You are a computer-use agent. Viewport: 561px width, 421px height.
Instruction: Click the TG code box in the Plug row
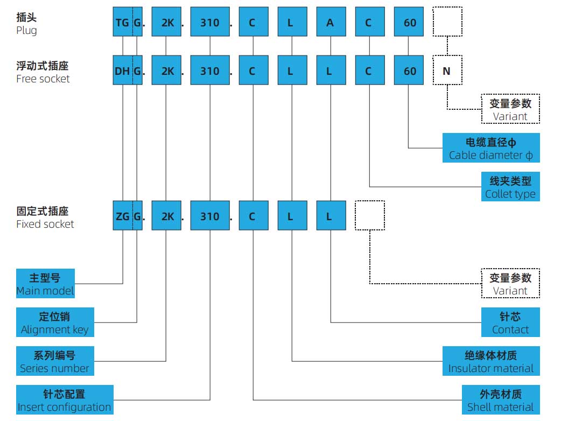122,22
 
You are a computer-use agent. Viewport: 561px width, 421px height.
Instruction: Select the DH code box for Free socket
122,71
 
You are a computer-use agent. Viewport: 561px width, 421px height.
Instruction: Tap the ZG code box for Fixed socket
122,216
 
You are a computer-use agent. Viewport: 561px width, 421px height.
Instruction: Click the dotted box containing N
447,71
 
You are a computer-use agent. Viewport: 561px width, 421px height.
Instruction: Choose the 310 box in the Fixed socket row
209,216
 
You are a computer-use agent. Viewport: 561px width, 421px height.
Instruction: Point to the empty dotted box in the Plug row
447,22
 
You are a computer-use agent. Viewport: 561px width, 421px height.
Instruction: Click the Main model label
45,284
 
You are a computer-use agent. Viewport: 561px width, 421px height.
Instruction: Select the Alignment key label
55,322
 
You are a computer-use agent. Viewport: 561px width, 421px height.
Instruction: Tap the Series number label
54,361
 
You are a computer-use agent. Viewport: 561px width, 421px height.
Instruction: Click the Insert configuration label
65,400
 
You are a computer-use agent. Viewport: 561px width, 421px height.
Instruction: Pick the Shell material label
500,400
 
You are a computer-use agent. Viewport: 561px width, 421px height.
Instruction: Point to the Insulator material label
490,361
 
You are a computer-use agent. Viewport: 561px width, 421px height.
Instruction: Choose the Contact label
510,322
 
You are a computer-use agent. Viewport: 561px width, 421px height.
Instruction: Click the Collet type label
510,187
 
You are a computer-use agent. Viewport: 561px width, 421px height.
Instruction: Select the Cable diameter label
490,148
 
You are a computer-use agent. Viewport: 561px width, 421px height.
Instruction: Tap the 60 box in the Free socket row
409,71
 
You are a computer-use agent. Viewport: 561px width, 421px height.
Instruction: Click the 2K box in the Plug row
167,22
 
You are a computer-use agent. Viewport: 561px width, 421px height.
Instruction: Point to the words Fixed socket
45,224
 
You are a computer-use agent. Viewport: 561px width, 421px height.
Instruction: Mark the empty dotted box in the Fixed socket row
370,215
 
